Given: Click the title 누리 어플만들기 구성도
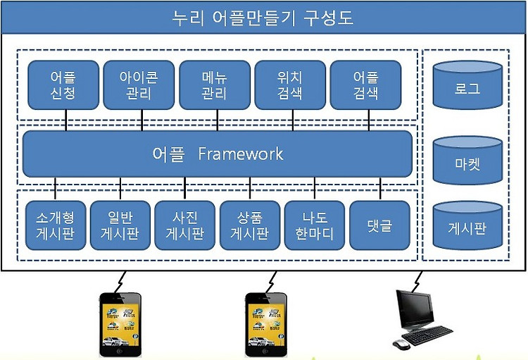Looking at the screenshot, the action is click(x=263, y=18).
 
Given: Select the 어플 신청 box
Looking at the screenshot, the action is click(x=63, y=85).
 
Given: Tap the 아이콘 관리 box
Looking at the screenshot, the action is click(x=139, y=85).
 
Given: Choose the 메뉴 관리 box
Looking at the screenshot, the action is click(x=215, y=85).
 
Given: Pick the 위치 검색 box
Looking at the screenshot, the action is click(x=290, y=85).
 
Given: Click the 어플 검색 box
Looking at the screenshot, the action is click(x=365, y=85).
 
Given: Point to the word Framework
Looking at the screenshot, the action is click(x=241, y=154).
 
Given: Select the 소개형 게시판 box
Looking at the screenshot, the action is click(x=56, y=225).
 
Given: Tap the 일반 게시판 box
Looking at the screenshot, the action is click(x=120, y=225).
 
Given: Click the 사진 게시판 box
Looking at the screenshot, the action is click(x=185, y=225).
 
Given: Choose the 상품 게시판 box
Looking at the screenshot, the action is click(x=250, y=225).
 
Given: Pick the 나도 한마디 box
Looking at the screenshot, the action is click(x=315, y=225).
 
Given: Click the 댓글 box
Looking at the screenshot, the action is click(x=380, y=225).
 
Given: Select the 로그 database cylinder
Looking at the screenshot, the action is click(x=467, y=85).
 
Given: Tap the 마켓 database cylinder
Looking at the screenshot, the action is click(x=467, y=160).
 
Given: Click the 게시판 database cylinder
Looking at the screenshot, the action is click(x=467, y=225).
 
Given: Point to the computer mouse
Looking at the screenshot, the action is click(x=401, y=345).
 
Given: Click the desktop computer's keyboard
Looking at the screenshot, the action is click(x=427, y=335).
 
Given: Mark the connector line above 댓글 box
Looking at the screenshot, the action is click(x=380, y=189).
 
